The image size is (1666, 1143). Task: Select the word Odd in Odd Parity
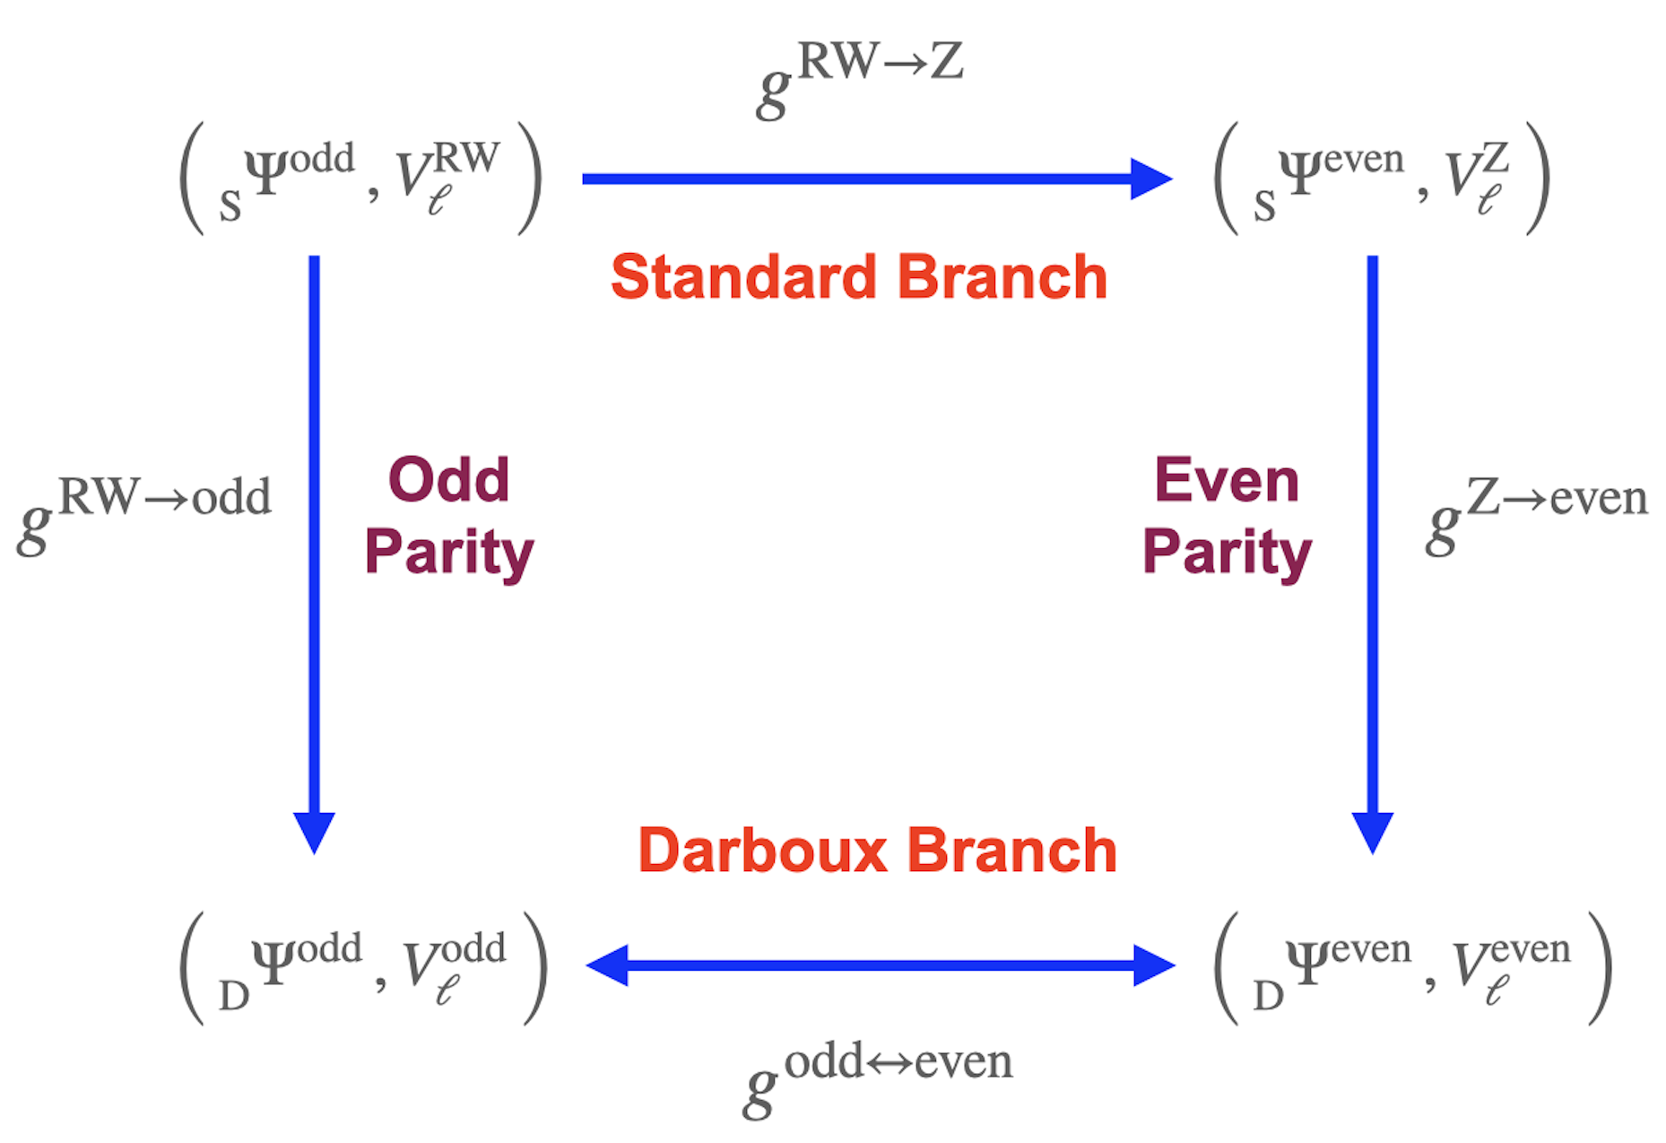(448, 480)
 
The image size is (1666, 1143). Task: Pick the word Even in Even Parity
(1226, 480)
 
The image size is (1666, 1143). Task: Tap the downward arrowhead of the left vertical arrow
(314, 831)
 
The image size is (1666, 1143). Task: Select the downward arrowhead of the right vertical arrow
(1372, 831)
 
